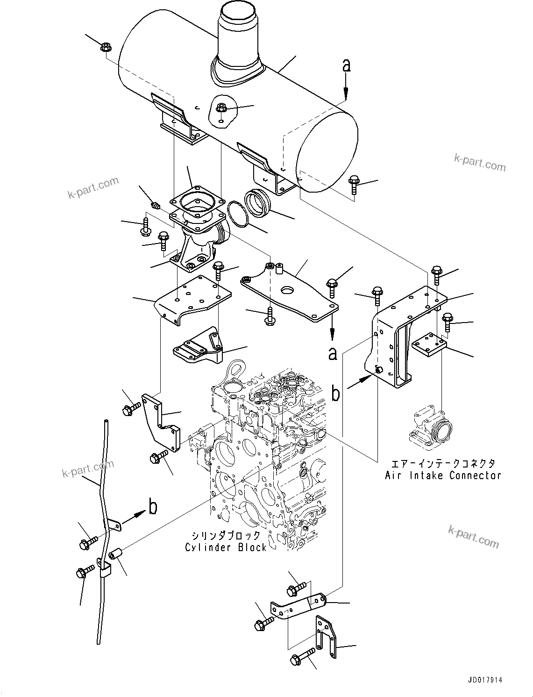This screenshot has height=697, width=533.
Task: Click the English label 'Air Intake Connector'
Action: [442, 475]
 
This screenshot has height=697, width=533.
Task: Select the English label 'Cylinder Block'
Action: [226, 547]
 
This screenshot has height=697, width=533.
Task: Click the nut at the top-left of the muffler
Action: [106, 47]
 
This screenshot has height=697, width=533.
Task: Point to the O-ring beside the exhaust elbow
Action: [240, 214]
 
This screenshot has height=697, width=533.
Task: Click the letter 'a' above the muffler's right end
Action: [346, 65]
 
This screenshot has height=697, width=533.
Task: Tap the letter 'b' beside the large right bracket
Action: [335, 394]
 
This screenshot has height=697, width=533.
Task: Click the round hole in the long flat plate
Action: [288, 290]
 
